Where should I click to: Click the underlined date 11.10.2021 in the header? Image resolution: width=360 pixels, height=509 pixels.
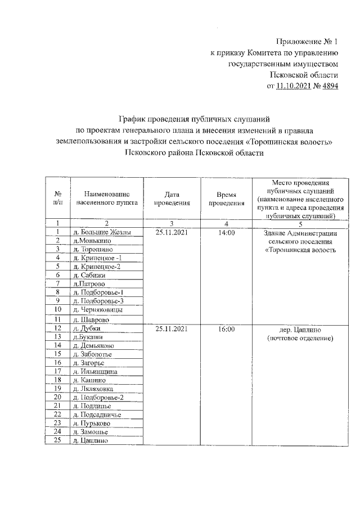click(294, 87)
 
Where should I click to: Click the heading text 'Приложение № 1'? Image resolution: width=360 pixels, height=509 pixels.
click(308, 42)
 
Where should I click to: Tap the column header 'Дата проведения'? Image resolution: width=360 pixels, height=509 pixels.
click(168, 198)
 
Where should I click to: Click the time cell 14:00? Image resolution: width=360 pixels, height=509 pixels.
click(226, 232)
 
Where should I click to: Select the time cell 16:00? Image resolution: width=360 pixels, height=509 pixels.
click(226, 328)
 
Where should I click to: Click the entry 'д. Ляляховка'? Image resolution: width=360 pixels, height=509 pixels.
click(92, 388)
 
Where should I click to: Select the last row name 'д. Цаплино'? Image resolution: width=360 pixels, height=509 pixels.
click(87, 440)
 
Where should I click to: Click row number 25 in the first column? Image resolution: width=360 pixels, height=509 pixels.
click(57, 440)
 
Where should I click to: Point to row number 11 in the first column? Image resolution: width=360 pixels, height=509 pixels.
click(57, 319)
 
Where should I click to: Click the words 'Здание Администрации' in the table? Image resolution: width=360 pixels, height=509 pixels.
click(300, 233)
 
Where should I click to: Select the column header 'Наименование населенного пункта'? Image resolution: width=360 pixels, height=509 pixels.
click(105, 198)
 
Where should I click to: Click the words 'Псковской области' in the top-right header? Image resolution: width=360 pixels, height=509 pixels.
click(305, 75)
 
